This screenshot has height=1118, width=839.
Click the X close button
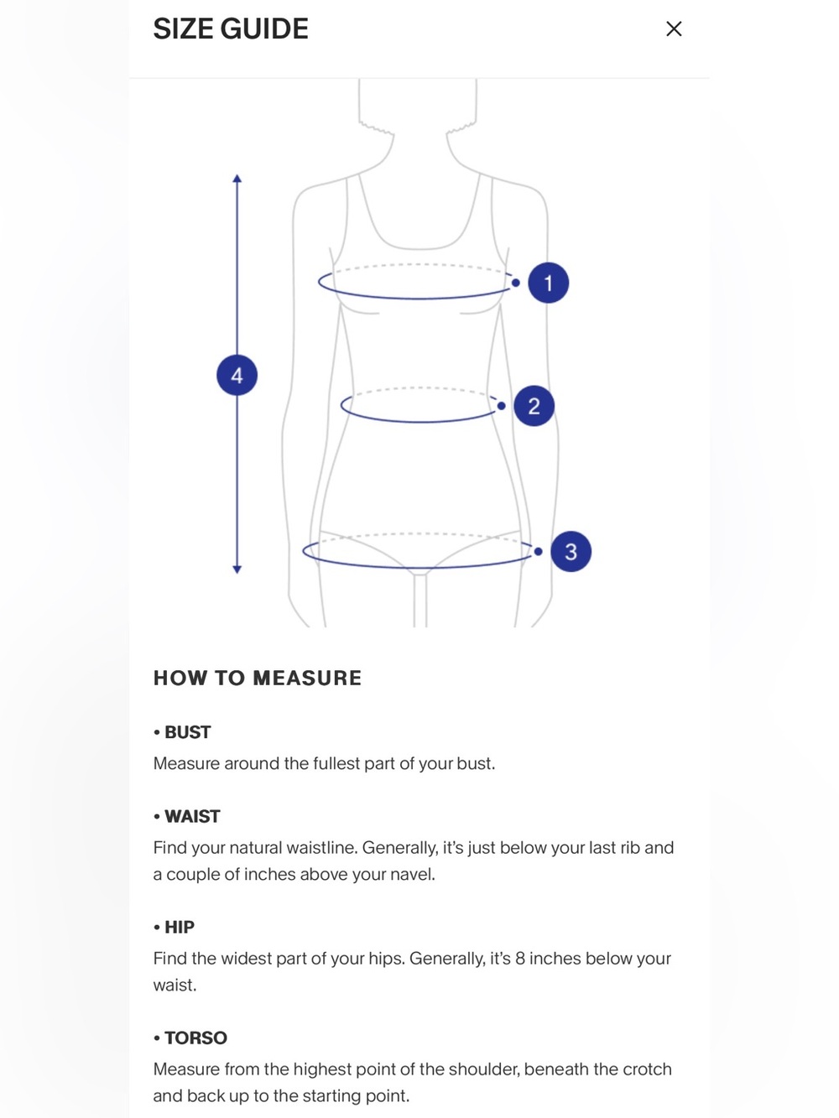pos(674,29)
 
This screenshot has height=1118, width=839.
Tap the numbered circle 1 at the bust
pos(548,283)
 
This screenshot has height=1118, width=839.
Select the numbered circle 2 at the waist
pos(534,406)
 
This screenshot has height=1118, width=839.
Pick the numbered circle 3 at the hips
pos(571,552)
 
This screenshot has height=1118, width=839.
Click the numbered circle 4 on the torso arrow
pos(237,376)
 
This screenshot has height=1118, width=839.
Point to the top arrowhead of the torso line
pos(237,179)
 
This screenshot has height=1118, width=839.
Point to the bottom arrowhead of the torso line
pos(237,569)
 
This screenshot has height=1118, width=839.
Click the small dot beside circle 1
pos(515,283)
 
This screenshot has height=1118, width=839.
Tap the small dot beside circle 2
pos(501,406)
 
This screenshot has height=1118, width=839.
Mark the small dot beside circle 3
pos(539,552)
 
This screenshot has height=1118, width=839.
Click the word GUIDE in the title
pos(264,29)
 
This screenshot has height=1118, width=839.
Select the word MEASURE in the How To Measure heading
pos(307,678)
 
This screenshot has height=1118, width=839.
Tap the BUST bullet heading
pos(182,732)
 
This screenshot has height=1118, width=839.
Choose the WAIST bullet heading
pos(187,816)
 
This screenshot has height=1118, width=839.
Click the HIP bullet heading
pos(174,927)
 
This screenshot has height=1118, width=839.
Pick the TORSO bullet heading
pos(190,1037)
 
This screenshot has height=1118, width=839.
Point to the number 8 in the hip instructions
pos(519,958)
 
